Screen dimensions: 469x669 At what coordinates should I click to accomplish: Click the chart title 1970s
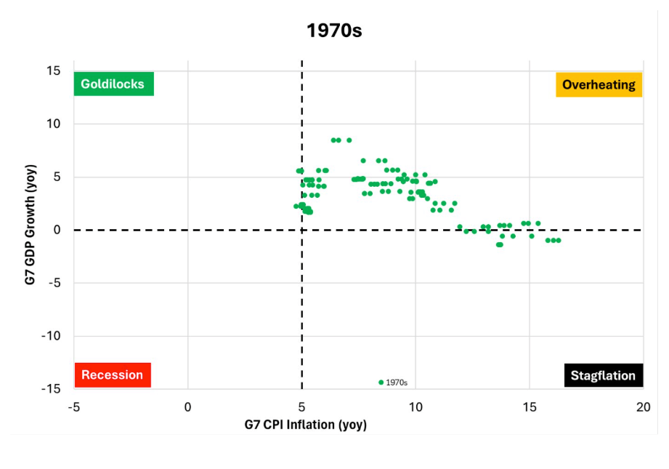[334, 31]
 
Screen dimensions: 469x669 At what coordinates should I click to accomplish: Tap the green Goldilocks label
[113, 84]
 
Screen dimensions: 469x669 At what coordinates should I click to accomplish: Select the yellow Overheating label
[599, 85]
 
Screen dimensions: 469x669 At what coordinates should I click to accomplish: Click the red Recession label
[112, 375]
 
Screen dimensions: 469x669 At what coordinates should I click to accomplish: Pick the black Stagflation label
[603, 376]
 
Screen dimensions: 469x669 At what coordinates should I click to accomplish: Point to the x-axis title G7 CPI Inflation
[305, 425]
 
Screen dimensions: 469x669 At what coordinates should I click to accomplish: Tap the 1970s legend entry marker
[381, 382]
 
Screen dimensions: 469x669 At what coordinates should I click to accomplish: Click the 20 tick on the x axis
[643, 406]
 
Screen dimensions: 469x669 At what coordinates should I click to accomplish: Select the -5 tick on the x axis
[73, 406]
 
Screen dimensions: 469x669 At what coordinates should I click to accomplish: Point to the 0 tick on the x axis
[187, 406]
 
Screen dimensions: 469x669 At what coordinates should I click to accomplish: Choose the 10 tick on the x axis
[415, 406]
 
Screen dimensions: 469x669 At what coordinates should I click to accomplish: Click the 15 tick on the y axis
[54, 71]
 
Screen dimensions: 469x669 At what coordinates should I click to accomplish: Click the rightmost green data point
[558, 240]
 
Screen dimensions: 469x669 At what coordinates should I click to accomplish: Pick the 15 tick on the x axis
[529, 406]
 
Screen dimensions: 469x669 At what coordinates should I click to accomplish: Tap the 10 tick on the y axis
[54, 124]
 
